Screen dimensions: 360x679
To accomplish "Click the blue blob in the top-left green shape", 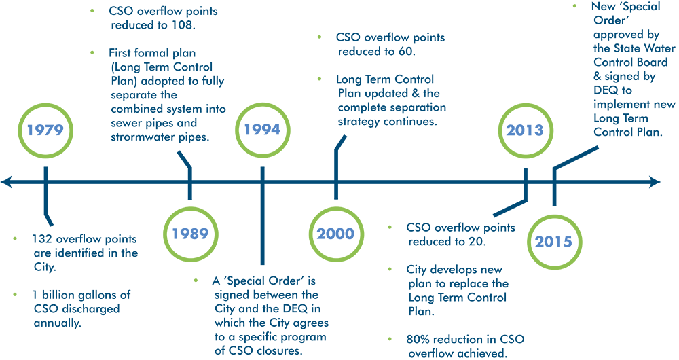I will coord(45,130).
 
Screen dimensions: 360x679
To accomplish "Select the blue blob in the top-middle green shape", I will coord(262,130).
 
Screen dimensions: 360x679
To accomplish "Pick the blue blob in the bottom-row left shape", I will coord(190,234).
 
